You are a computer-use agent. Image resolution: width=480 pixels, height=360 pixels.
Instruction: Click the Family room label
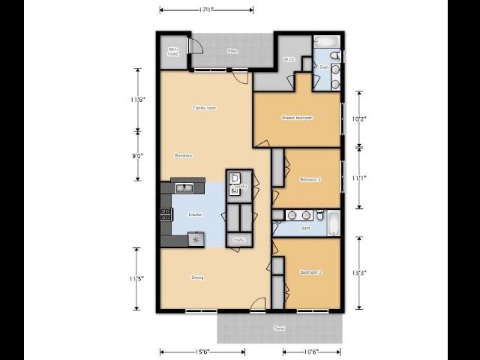(205, 108)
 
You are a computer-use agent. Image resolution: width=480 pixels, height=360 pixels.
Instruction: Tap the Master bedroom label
(297, 118)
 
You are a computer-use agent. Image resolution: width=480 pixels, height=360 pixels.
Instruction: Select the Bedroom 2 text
(310, 180)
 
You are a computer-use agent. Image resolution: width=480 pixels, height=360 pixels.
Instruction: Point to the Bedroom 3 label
(310, 271)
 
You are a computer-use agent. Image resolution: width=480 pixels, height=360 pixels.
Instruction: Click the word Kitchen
(196, 214)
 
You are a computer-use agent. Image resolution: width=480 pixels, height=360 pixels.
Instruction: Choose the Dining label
(197, 277)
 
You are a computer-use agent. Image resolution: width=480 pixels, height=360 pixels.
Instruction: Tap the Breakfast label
(184, 155)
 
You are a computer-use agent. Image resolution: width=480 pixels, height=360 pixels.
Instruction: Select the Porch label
(279, 328)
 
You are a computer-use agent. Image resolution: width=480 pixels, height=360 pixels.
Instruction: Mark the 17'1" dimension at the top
(206, 10)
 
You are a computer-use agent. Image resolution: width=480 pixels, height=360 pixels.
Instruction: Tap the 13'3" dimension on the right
(359, 273)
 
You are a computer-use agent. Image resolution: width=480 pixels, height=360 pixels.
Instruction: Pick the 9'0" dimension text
(137, 156)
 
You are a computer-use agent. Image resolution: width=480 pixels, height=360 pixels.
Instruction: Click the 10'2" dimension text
(359, 118)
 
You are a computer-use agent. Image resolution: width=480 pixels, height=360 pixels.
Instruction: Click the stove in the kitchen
(166, 215)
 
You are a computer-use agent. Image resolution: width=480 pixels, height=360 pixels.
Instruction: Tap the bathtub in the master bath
(327, 41)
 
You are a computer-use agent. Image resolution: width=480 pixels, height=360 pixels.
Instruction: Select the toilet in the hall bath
(320, 215)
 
